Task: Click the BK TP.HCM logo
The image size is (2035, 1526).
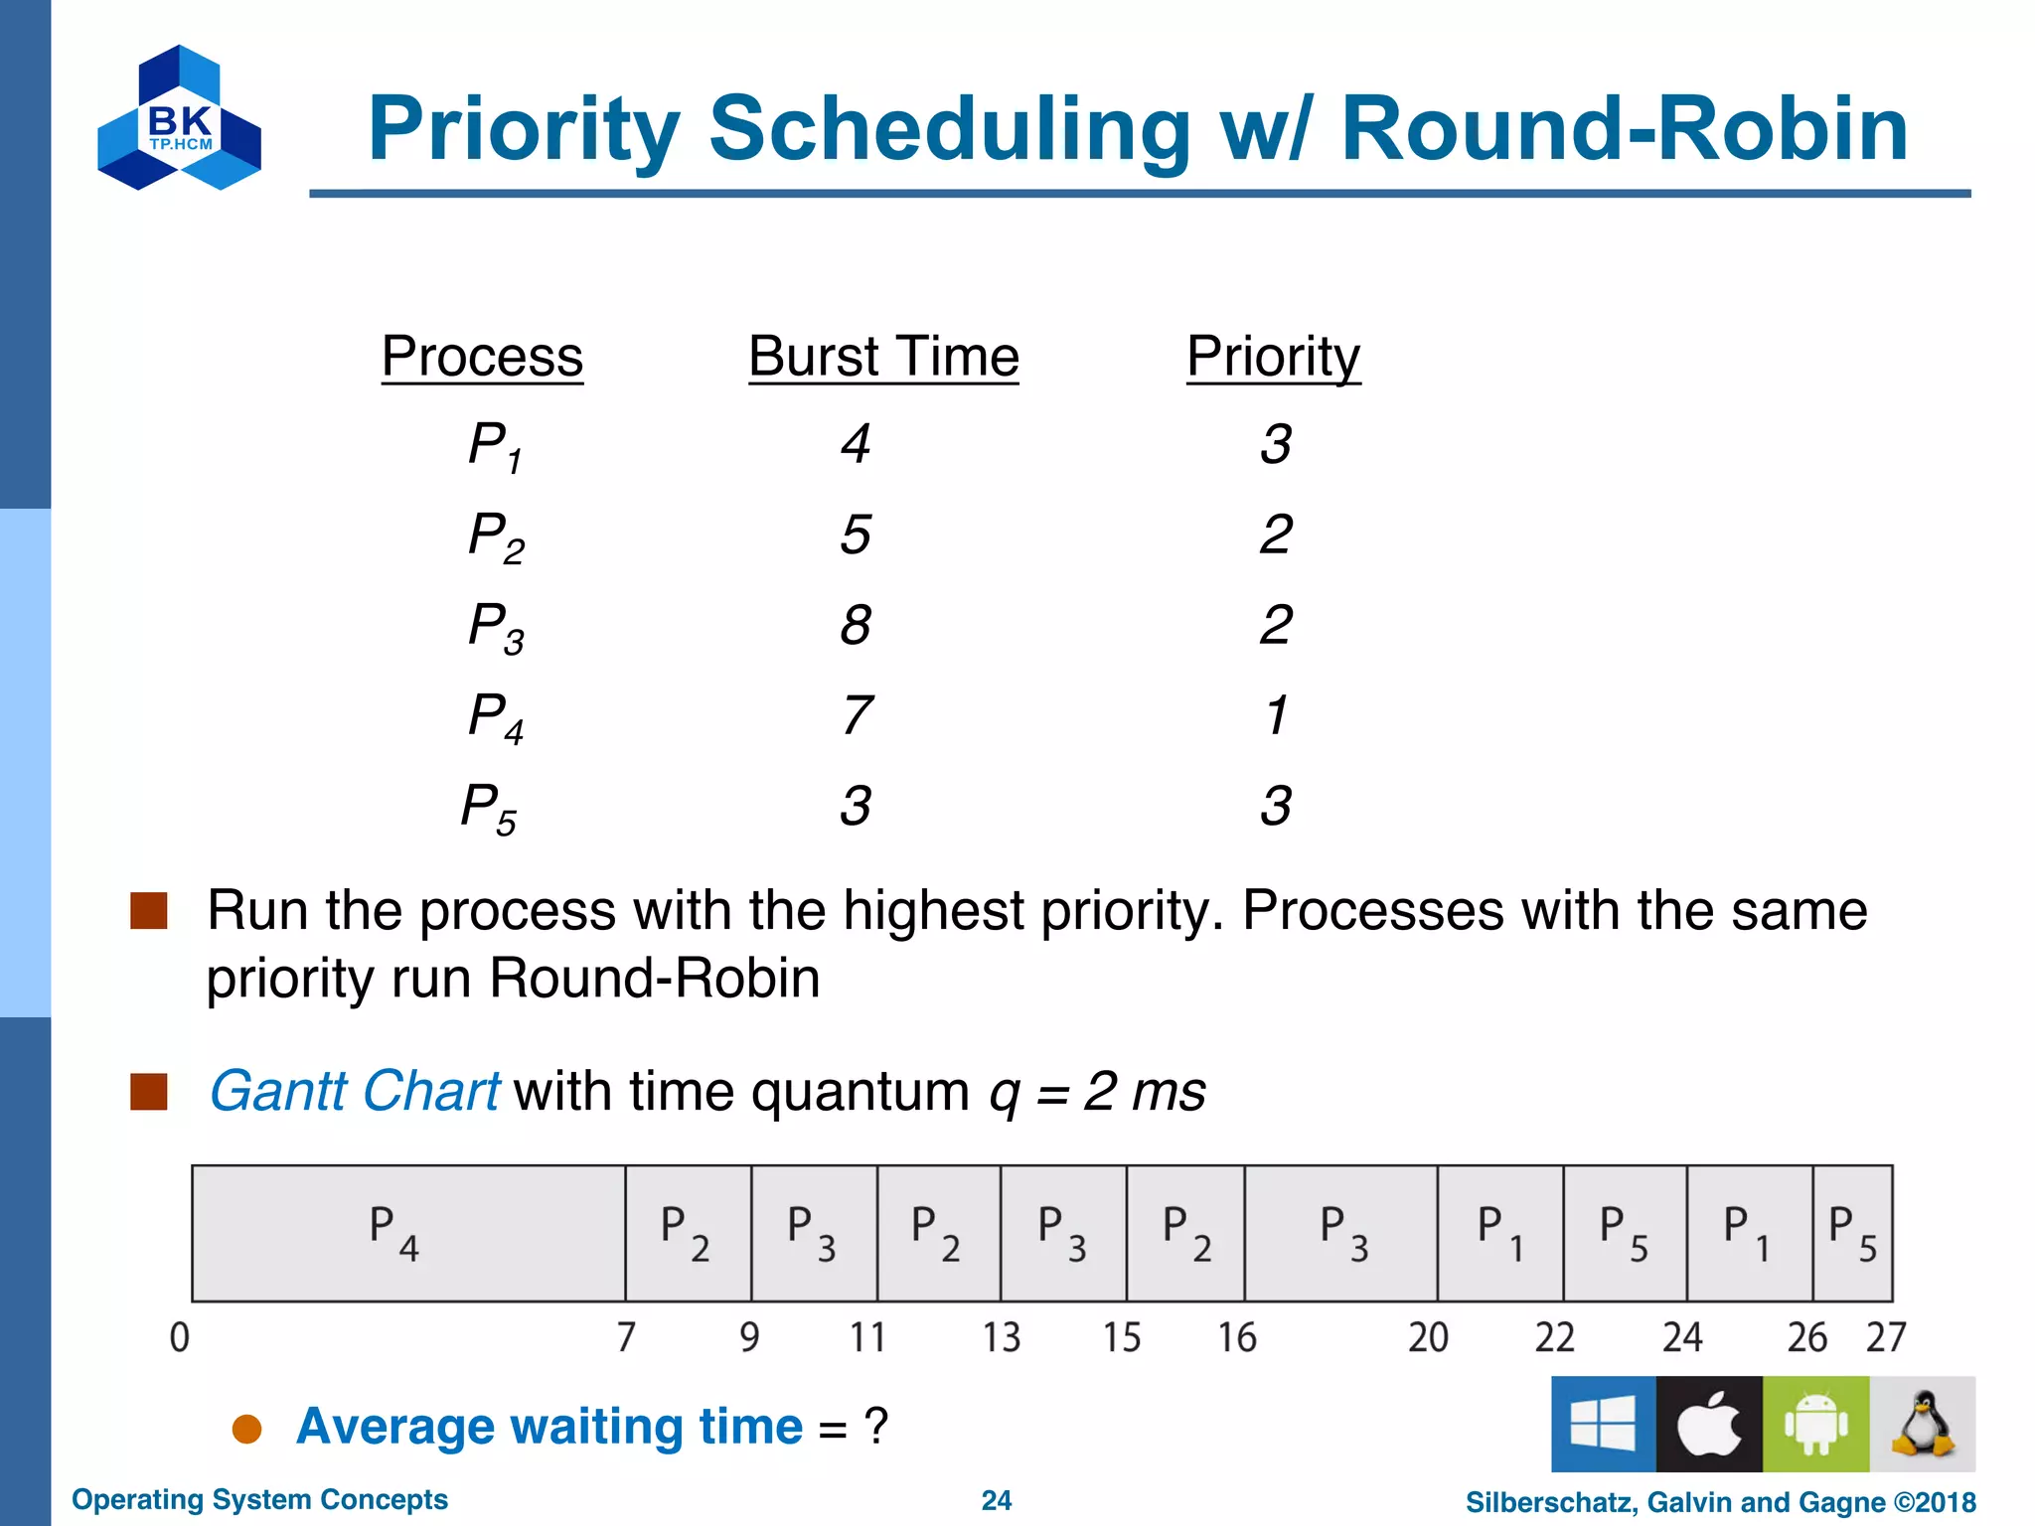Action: point(179,118)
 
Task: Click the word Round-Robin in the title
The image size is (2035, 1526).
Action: point(1624,129)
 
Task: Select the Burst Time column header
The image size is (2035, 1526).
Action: point(883,357)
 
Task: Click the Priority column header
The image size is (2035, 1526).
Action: point(1273,357)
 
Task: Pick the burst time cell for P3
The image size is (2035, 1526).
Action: point(856,625)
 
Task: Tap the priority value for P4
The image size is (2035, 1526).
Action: point(1277,715)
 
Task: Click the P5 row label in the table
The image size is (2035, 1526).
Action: point(489,808)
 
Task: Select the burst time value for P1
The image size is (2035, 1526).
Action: point(856,443)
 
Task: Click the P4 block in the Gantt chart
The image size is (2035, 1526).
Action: point(408,1233)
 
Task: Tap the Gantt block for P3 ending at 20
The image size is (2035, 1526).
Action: point(1341,1233)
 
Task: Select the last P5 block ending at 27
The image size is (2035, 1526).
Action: point(1852,1233)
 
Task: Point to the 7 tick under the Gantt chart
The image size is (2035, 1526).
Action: point(626,1337)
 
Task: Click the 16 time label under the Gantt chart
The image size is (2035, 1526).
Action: point(1237,1337)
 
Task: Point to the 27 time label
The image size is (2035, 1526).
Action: point(1885,1337)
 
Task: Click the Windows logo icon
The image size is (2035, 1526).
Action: point(1603,1424)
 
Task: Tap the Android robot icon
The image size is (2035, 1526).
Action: point(1815,1424)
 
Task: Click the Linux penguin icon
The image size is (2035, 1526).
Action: point(1922,1424)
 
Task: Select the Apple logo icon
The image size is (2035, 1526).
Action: point(1709,1424)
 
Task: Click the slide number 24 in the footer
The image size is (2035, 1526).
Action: point(996,1500)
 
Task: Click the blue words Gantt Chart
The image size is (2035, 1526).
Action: point(354,1091)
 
